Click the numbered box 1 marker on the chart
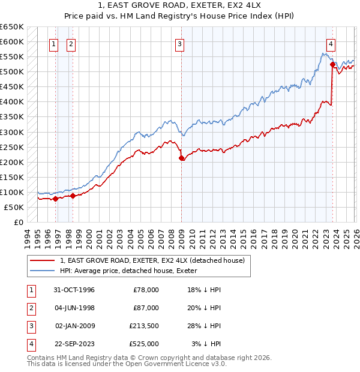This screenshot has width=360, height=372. click(54, 44)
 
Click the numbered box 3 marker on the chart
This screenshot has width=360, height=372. click(180, 44)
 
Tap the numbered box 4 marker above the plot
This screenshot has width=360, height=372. click(331, 44)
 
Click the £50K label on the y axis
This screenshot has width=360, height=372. click(13, 207)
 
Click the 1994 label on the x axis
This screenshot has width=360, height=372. click(28, 237)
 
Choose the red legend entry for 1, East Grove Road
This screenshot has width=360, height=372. click(152, 260)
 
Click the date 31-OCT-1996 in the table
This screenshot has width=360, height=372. click(74, 290)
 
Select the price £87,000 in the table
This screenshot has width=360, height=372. click(145, 308)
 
